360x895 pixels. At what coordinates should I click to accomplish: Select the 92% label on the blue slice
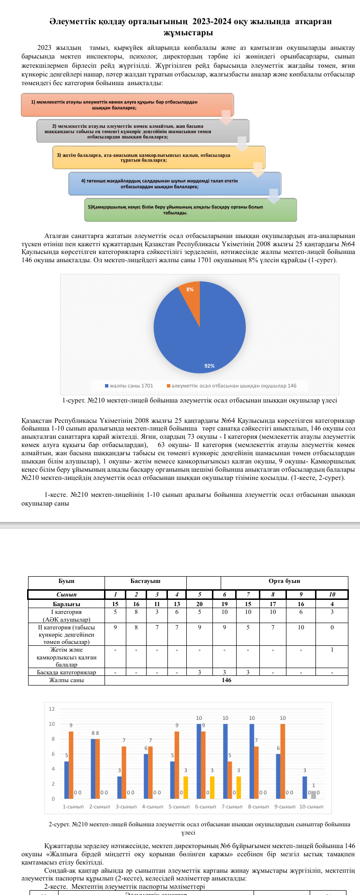tap(210, 366)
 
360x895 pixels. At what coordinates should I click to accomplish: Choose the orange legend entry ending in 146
tap(232, 386)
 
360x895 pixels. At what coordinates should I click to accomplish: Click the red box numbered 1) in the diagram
tap(127, 105)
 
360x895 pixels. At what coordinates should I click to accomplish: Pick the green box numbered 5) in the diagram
tap(190, 209)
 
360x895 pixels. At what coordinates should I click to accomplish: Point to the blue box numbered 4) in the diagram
tap(174, 183)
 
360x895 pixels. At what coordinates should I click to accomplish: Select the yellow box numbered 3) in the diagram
tap(158, 157)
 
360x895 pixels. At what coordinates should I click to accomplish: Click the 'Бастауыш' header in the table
tap(145, 581)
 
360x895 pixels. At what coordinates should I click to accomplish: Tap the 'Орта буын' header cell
tap(285, 581)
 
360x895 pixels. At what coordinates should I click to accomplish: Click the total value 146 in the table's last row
tap(226, 680)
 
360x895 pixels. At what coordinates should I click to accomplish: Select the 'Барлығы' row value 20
tap(199, 604)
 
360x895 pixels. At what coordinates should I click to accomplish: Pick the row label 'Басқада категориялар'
tap(66, 672)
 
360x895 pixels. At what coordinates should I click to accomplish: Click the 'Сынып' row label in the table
tap(66, 594)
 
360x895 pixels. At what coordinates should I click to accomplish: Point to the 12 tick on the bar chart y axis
tap(52, 709)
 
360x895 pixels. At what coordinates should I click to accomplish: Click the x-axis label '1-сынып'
tap(73, 806)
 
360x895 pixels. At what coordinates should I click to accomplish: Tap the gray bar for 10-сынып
tap(314, 795)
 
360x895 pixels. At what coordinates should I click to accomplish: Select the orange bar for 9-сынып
tap(283, 761)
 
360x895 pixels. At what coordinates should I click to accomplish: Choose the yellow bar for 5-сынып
tap(185, 787)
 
